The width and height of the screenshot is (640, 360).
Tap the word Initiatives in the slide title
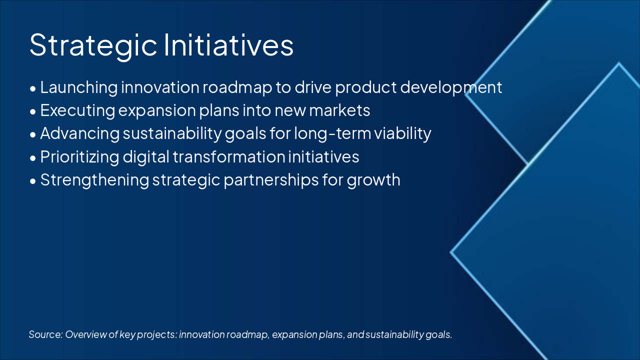pyautogui.click(x=228, y=44)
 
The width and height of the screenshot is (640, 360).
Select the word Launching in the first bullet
pyautogui.click(x=79, y=88)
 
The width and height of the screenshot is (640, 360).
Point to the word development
pyautogui.click(x=451, y=88)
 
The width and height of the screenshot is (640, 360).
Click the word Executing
pyautogui.click(x=77, y=111)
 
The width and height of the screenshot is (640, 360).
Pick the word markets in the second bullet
pyautogui.click(x=339, y=110)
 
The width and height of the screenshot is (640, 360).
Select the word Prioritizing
pyautogui.click(x=79, y=157)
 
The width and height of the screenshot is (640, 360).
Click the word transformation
pyautogui.click(x=229, y=157)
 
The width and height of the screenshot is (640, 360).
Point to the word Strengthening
pyautogui.click(x=94, y=180)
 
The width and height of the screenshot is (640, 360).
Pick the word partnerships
pyautogui.click(x=271, y=180)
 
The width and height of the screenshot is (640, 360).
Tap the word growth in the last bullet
pyautogui.click(x=373, y=180)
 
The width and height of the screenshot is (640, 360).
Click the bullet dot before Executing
pyautogui.click(x=33, y=112)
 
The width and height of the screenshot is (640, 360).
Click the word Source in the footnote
pyautogui.click(x=45, y=334)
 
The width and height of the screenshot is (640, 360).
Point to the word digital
pyautogui.click(x=145, y=157)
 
